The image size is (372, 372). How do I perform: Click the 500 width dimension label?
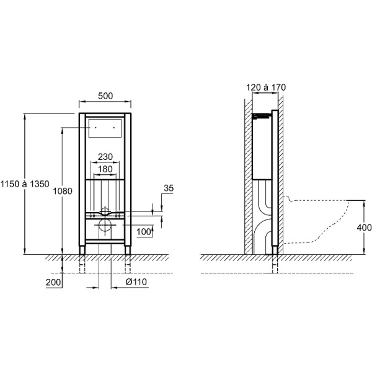coord(105,96)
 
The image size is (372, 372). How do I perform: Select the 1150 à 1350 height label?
coord(25,184)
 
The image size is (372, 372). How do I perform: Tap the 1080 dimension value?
coord(63,191)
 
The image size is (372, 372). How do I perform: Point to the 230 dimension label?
coord(105,157)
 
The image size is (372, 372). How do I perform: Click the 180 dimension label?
coord(105,169)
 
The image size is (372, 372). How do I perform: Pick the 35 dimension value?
coord(169,188)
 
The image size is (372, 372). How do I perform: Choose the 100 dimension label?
coord(144,232)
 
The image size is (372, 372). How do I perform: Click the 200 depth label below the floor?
coord(53,283)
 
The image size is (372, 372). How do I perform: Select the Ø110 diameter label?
coord(136,282)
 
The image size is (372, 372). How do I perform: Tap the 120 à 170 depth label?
coord(266,87)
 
